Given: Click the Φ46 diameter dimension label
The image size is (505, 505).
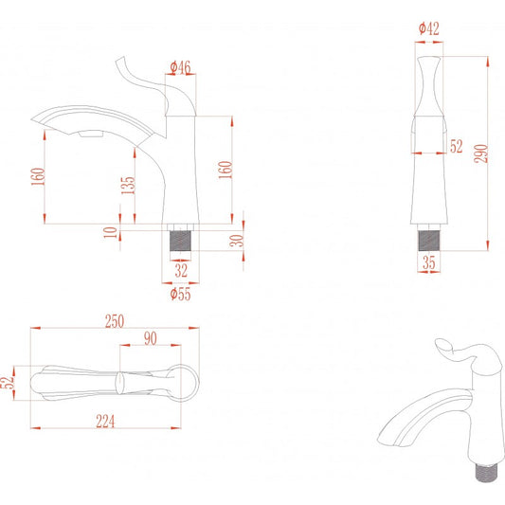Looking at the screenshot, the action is [x=180, y=67].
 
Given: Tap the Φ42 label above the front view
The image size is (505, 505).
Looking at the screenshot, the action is [x=428, y=28].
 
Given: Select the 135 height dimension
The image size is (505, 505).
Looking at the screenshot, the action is [x=128, y=185].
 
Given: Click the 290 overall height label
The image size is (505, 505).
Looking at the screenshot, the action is [x=481, y=153].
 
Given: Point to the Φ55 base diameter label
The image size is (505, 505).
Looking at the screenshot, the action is [x=180, y=294].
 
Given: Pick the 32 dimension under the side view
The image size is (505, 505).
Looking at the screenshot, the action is [x=181, y=270].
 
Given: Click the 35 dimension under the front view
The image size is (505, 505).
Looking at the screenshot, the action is [x=428, y=262].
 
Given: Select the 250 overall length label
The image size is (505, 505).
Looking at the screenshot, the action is [x=115, y=321].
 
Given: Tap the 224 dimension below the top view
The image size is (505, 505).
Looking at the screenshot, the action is [x=105, y=421].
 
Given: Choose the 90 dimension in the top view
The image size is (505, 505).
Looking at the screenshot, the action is [x=150, y=338].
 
